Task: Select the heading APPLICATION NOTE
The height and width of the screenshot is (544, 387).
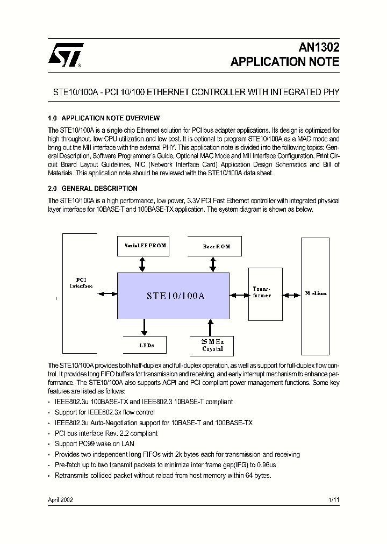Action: point(285,62)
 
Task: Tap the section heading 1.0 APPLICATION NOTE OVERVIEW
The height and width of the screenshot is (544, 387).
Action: point(104,118)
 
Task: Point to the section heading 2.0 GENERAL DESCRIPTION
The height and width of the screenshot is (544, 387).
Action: point(92,189)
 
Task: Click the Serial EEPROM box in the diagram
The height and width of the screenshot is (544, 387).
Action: point(145,246)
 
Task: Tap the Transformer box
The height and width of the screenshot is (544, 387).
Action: point(265,293)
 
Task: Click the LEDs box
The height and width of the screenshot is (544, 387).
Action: point(145,345)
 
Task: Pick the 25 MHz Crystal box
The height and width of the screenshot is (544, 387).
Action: point(212,345)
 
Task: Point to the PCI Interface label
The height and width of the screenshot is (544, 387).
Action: point(81,283)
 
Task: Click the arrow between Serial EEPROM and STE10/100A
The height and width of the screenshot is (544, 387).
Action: point(142,264)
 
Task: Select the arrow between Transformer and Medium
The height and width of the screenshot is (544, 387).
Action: point(292,295)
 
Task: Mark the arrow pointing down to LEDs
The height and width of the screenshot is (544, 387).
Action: point(144,327)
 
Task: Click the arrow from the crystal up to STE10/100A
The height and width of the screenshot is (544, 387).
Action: point(211,327)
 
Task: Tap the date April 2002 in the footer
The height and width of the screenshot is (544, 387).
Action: point(61,499)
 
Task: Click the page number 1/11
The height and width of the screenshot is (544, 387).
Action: point(334,499)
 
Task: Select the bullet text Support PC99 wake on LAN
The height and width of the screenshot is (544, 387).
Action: point(95,444)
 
